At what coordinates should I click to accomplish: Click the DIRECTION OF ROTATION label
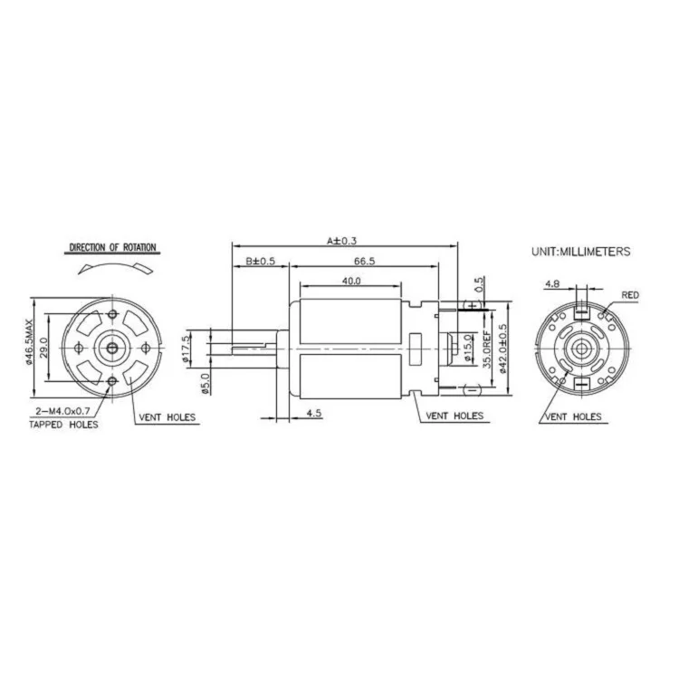pyautogui.click(x=113, y=247)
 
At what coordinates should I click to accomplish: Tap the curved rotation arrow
pyautogui.click(x=113, y=264)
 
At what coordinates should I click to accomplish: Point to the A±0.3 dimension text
pyautogui.click(x=342, y=241)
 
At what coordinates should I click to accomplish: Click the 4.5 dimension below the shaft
pyautogui.click(x=314, y=414)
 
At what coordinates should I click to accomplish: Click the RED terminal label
pyautogui.click(x=630, y=296)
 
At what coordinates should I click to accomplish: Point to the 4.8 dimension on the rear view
pyautogui.click(x=551, y=284)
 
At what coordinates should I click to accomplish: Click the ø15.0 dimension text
pyautogui.click(x=467, y=348)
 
